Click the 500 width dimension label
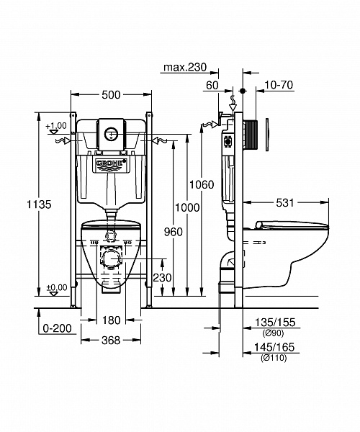pyautogui.click(x=110, y=95)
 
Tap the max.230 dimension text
pyautogui.click(x=184, y=68)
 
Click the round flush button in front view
pyautogui.click(x=110, y=132)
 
